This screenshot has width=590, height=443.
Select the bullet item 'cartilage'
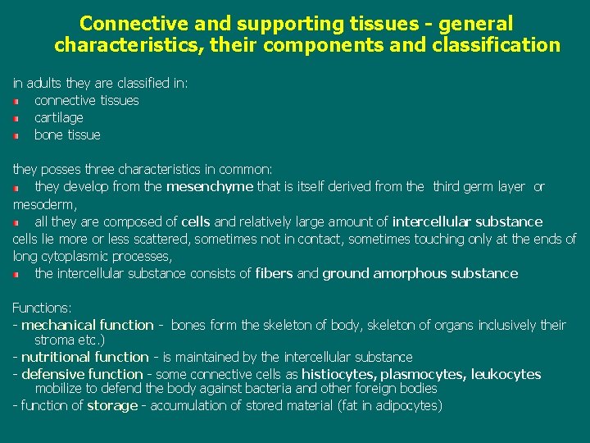pyautogui.click(x=59, y=117)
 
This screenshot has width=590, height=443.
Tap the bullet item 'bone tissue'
pyautogui.click(x=67, y=135)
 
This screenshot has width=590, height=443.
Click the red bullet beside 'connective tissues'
pyautogui.click(x=16, y=101)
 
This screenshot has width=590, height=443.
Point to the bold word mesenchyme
pyautogui.click(x=210, y=186)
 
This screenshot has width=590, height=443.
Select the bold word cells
pyautogui.click(x=196, y=221)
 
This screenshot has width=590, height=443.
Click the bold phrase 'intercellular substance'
pyautogui.click(x=467, y=221)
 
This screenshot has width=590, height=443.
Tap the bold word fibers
pyautogui.click(x=274, y=273)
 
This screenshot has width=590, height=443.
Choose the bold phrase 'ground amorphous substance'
pyautogui.click(x=420, y=273)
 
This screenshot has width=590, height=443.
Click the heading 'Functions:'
pyautogui.click(x=42, y=308)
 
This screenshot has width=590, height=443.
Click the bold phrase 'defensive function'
pyautogui.click(x=82, y=374)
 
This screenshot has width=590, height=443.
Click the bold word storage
pyautogui.click(x=112, y=405)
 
